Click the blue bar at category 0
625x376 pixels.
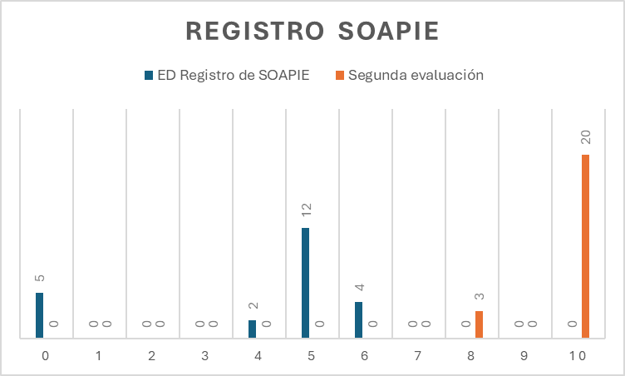39,315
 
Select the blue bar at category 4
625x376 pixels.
252,329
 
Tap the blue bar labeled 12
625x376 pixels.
305,283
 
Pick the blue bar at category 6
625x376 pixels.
358,319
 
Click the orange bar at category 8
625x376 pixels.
479,324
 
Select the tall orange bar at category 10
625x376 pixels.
585,246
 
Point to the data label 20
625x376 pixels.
585,136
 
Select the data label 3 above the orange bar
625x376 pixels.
479,297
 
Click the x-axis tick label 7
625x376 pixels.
417,356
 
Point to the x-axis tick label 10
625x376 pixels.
577,356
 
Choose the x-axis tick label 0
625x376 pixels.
45,356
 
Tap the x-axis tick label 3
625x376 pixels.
204,356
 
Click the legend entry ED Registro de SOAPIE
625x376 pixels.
233,76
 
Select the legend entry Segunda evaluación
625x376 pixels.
416,76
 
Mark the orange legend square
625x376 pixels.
340,76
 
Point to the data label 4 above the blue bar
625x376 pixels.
358,288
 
